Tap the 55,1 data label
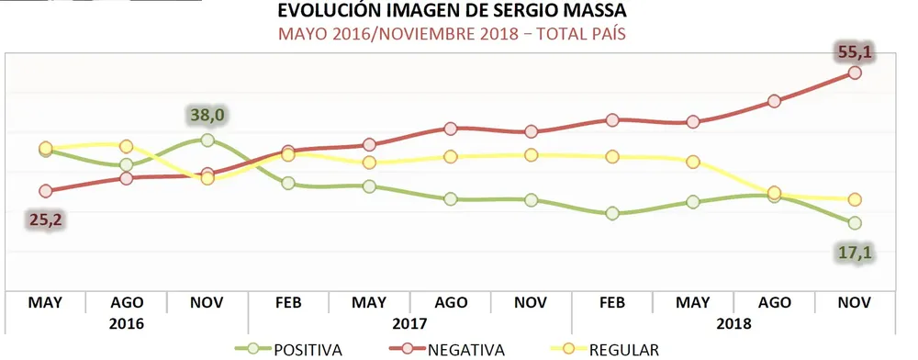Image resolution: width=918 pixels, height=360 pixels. (853, 53)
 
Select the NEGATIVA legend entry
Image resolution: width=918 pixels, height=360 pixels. (454, 350)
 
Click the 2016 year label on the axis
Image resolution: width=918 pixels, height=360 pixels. (126, 323)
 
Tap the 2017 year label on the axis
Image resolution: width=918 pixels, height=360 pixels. (409, 323)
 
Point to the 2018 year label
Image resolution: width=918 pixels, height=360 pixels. (734, 323)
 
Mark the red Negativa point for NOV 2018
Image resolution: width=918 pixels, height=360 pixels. (855, 73)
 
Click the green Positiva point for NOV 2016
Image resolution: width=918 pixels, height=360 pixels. (207, 141)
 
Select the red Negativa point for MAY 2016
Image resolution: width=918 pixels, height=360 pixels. (45, 191)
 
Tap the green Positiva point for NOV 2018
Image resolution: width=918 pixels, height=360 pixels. (855, 223)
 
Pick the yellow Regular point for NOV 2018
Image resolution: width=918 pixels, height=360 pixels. (855, 199)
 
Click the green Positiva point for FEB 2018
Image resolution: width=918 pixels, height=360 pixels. (612, 214)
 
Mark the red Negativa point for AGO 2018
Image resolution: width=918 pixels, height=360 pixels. (774, 101)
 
